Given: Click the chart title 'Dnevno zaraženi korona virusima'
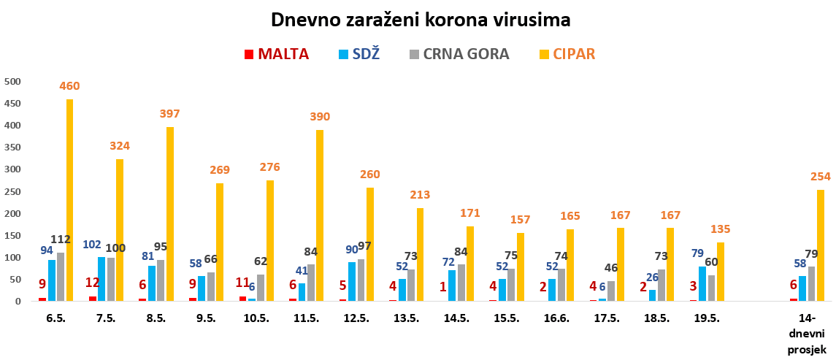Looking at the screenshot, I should click(x=420, y=20).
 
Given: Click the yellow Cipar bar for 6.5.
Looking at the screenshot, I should click(x=70, y=200).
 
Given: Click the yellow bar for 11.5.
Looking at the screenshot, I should click(x=320, y=215).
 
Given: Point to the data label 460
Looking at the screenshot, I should click(x=69, y=86).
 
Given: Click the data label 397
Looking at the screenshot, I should click(x=169, y=114).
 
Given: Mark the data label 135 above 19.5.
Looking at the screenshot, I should click(x=720, y=229).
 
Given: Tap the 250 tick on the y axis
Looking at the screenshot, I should click(x=12, y=191).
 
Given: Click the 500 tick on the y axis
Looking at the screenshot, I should click(x=12, y=81).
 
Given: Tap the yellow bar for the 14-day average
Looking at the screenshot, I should click(x=820, y=245).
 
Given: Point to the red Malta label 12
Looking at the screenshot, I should click(x=92, y=283).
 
